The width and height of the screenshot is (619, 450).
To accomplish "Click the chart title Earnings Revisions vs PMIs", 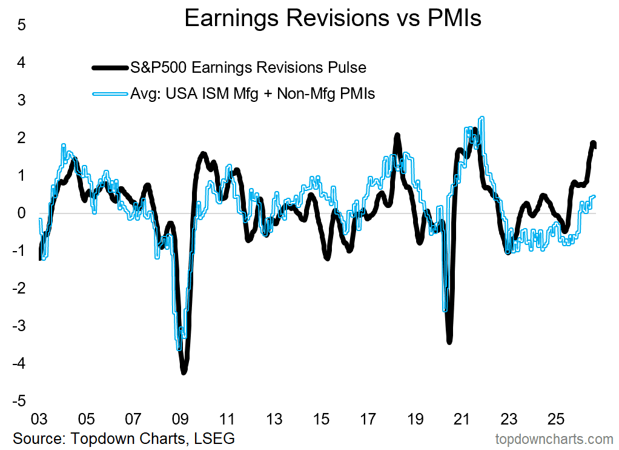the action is tap(333, 18).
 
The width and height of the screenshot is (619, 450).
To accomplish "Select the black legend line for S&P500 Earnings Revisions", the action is tap(110, 67).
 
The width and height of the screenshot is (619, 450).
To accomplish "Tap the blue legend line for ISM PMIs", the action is tap(110, 94).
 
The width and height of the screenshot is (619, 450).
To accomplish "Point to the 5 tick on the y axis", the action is tap(21, 25).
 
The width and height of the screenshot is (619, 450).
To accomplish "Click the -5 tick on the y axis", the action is tap(19, 401).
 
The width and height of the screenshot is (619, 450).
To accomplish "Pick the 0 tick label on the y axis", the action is tap(21, 213).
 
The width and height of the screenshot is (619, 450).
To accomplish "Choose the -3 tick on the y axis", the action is tap(19, 326).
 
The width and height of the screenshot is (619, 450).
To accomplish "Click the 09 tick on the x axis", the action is tap(180, 419).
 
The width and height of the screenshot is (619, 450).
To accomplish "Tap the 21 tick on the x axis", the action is tap(462, 419).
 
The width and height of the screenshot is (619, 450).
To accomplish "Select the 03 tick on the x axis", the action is tap(39, 419).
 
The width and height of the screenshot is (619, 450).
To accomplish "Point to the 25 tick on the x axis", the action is tap(556, 419).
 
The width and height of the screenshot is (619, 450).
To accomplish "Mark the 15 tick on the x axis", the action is tap(321, 419).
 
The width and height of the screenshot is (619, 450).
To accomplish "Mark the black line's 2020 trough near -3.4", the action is tap(449, 341).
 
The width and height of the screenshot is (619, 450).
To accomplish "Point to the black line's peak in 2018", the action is tap(397, 135).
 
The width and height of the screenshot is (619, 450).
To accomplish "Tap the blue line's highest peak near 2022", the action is tap(482, 118).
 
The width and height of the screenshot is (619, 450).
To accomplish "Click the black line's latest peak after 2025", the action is tap(593, 143).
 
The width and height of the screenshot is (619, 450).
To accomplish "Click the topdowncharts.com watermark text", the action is tap(554, 439).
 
